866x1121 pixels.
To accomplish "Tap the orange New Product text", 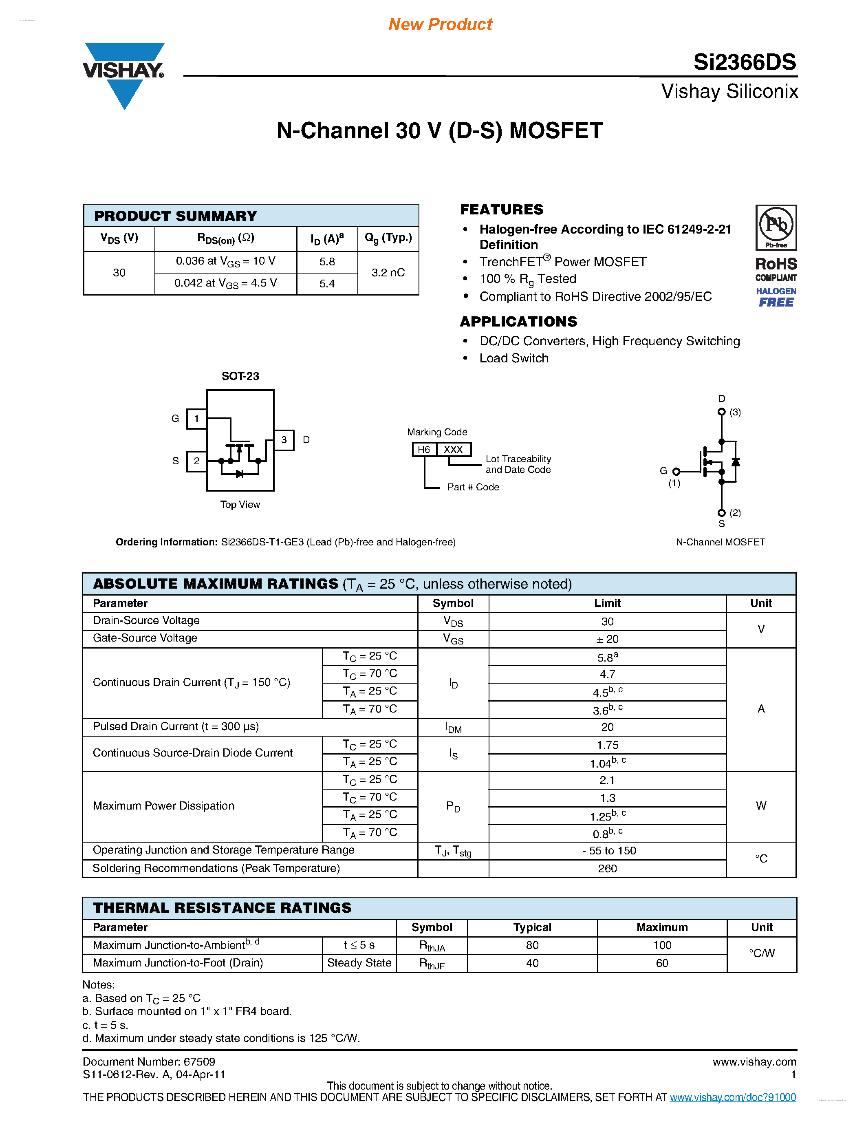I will [440, 24].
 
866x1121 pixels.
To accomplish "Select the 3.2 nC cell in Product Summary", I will [388, 273].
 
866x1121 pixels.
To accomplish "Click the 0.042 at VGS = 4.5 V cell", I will [226, 283].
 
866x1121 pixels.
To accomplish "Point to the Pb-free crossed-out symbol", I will [776, 225].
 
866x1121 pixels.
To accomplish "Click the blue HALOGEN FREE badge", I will [776, 297].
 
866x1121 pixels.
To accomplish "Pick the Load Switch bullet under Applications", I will [513, 358].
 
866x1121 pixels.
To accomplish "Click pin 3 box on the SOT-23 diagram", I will [284, 440].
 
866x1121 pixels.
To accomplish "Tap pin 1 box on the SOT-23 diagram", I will [196, 419].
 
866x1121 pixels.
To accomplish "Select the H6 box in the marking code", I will [424, 450].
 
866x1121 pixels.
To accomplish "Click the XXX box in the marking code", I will [453, 450].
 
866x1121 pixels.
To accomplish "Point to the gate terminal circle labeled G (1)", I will [676, 471].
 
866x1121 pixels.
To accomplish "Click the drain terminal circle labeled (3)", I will [721, 412].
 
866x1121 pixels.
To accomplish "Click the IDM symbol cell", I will [453, 727].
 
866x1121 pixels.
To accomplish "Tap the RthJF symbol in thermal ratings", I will [432, 963].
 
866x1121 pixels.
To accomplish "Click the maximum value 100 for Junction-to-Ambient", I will [662, 945].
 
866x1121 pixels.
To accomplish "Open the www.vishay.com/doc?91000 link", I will [733, 1097].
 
